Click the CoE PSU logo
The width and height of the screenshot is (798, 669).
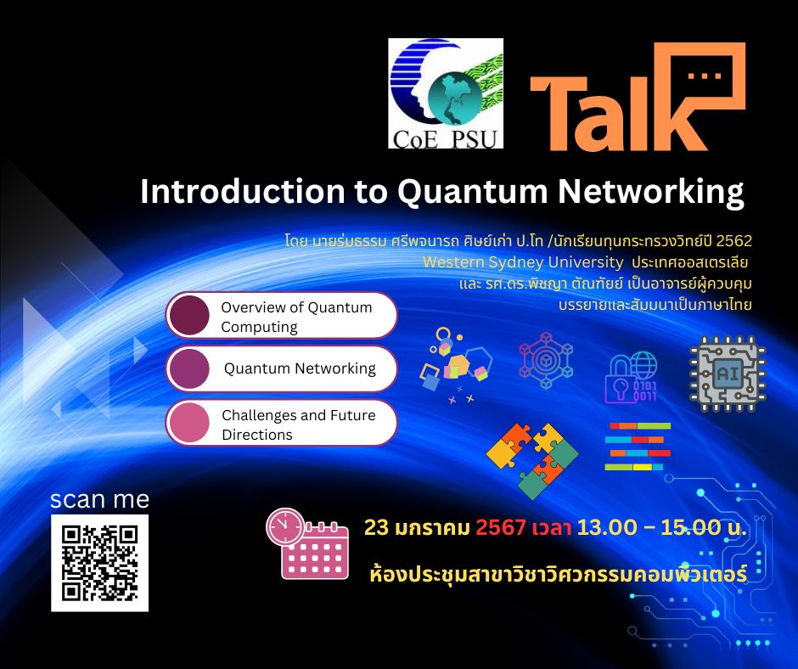pyautogui.click(x=445, y=94)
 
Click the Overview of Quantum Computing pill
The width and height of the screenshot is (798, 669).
pyautogui.click(x=282, y=317)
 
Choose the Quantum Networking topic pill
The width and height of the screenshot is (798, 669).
pyautogui.click(x=282, y=368)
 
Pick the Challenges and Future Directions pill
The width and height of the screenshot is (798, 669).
pyautogui.click(x=282, y=424)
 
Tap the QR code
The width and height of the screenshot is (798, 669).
pyautogui.click(x=99, y=563)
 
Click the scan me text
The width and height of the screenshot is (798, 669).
pyautogui.click(x=99, y=498)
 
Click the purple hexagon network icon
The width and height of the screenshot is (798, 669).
pyautogui.click(x=545, y=360)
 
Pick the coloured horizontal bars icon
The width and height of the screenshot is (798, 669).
pyautogui.click(x=638, y=447)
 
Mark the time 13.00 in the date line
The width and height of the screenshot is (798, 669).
pyautogui.click(x=607, y=527)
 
